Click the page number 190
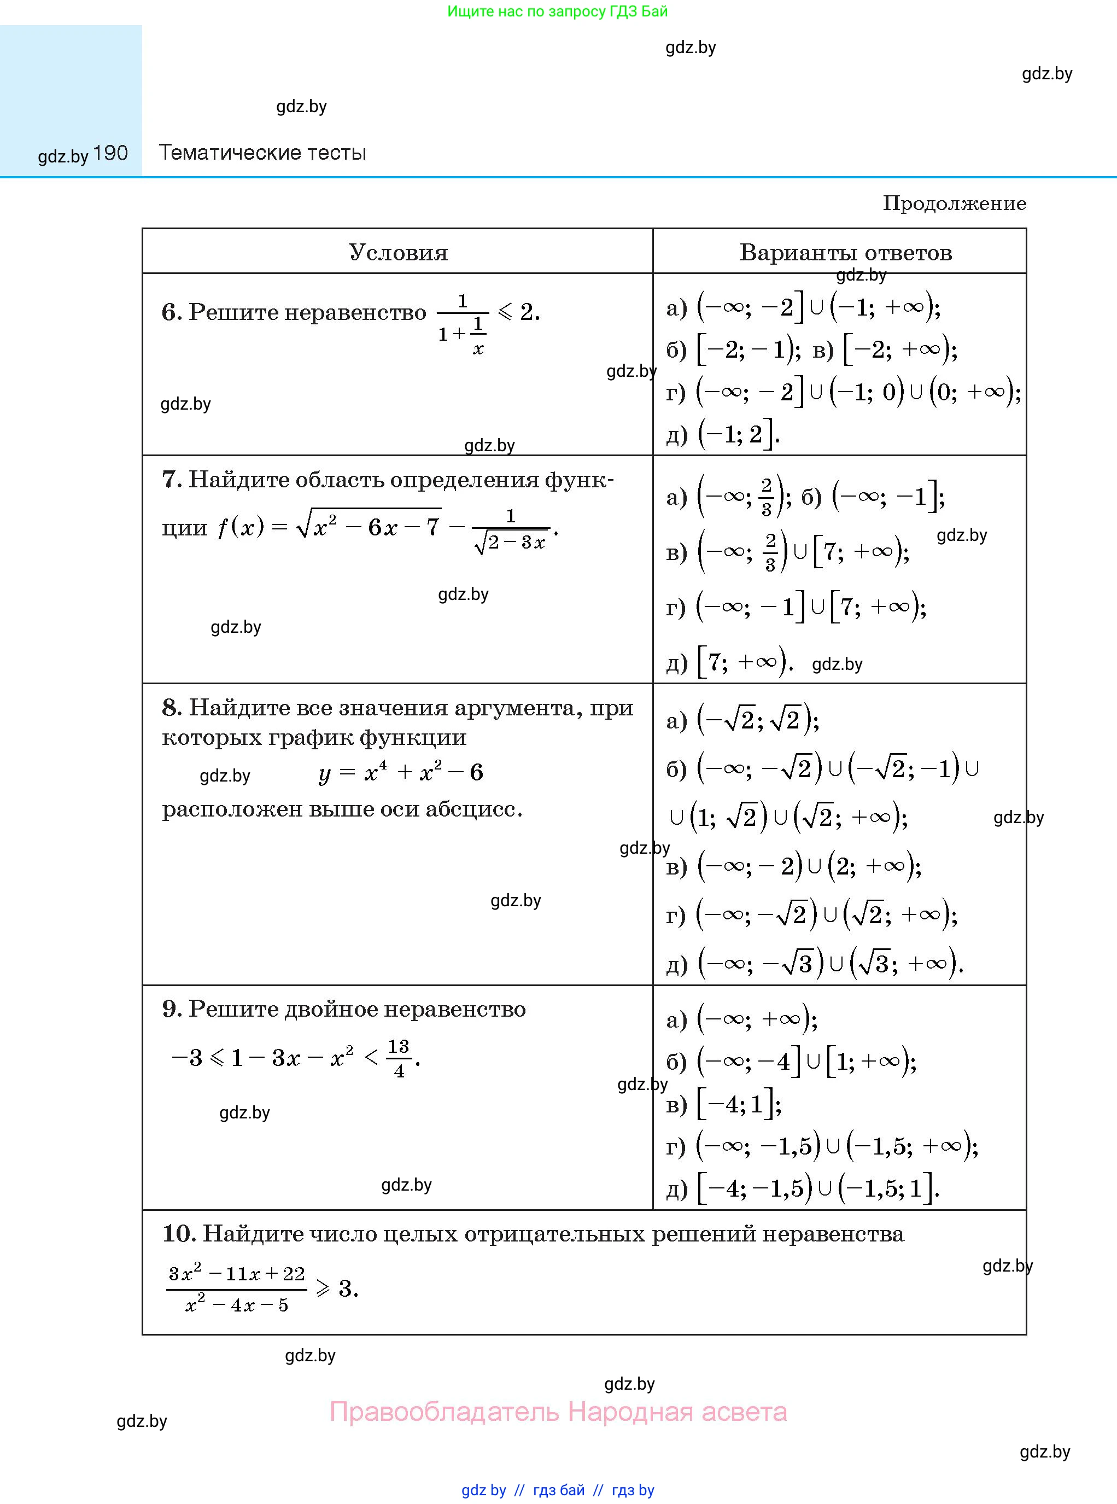tap(110, 154)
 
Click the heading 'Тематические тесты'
tap(262, 153)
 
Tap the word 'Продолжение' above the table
tap(954, 203)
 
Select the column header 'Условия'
tap(398, 252)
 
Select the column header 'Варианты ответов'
tap(845, 252)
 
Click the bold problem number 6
tap(171, 312)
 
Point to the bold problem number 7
tap(171, 480)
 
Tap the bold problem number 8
tap(171, 707)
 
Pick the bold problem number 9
tap(171, 1009)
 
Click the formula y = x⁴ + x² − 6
tap(400, 772)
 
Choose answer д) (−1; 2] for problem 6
tap(723, 434)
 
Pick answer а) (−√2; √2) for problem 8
tap(742, 720)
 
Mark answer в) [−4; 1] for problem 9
tap(723, 1104)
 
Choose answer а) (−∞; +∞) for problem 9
tap(742, 1019)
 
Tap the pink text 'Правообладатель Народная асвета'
tap(558, 1412)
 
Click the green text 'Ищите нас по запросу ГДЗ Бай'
tap(557, 11)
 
